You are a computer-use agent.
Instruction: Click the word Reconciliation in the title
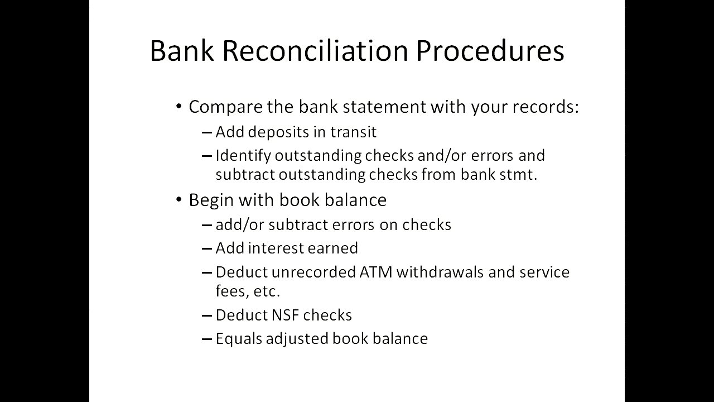(x=315, y=51)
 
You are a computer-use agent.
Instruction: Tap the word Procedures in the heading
(x=490, y=51)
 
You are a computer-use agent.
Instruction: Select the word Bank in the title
(x=182, y=51)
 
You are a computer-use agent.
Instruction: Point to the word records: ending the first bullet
(x=546, y=107)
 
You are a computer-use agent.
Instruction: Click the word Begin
(x=211, y=200)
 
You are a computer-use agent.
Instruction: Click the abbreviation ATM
(x=376, y=272)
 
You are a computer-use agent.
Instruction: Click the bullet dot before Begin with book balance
(x=179, y=200)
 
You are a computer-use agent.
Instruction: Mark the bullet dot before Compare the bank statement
(x=179, y=106)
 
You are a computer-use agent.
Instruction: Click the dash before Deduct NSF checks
(x=207, y=315)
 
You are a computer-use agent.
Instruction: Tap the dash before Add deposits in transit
(x=207, y=132)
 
